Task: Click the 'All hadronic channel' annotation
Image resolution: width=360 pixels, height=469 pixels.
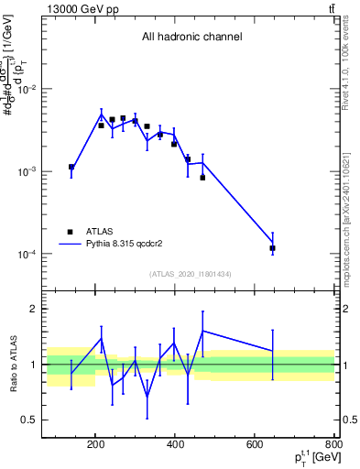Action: pyautogui.click(x=191, y=38)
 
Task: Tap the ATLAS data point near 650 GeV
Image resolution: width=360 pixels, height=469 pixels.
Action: pyautogui.click(x=272, y=248)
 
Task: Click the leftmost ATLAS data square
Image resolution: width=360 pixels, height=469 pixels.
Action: pyautogui.click(x=71, y=167)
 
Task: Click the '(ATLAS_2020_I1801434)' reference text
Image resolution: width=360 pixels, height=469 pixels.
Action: pyautogui.click(x=191, y=274)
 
